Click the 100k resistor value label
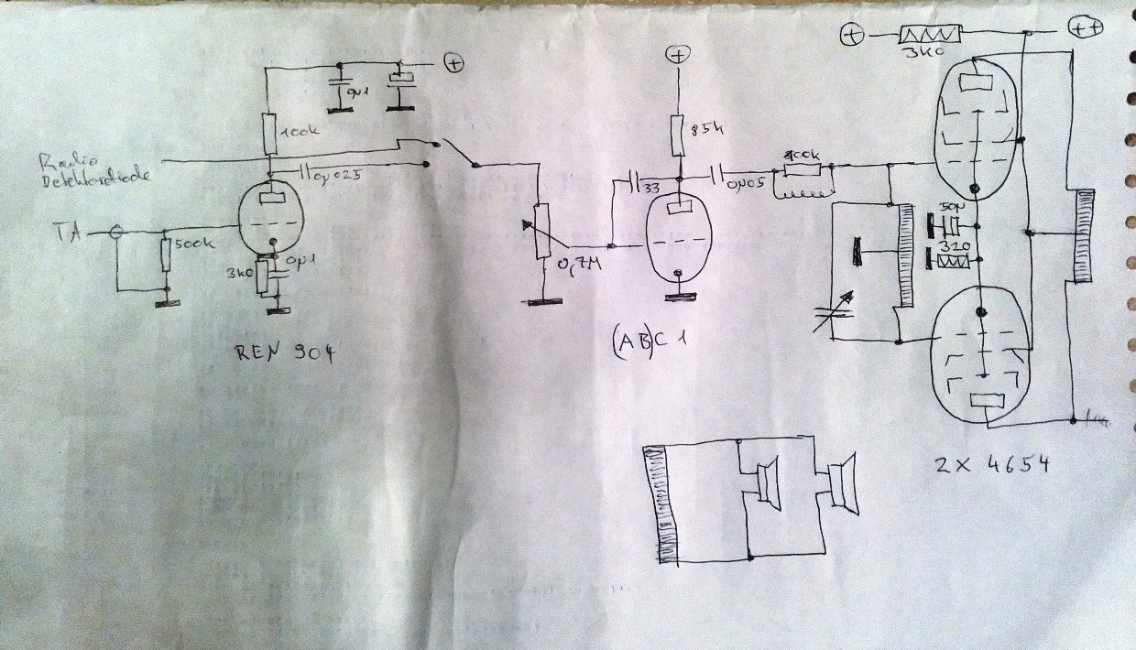(x=300, y=135)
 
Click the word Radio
(x=58, y=163)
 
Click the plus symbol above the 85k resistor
(x=678, y=55)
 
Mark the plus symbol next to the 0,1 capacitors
(x=453, y=63)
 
